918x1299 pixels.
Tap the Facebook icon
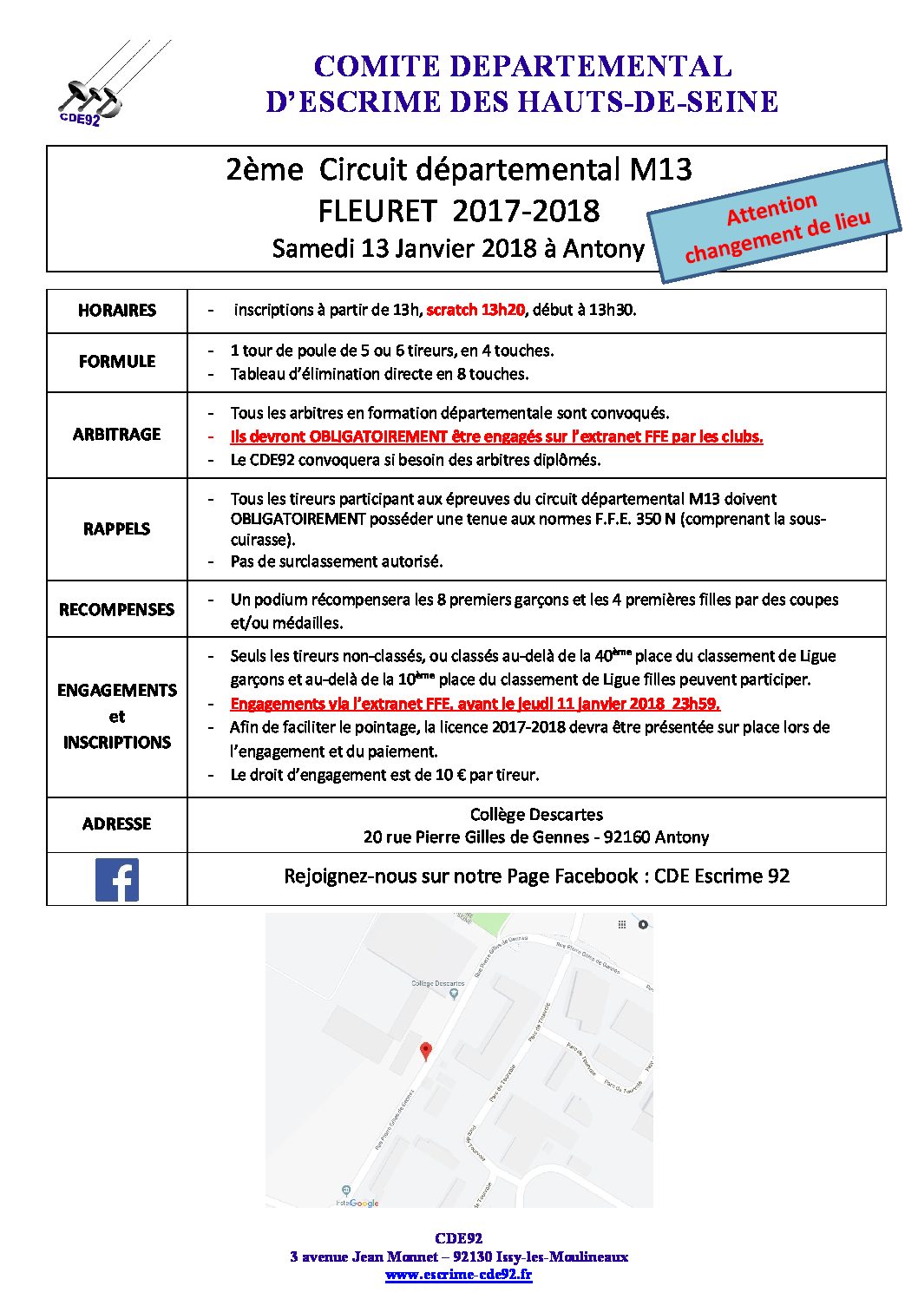click(x=116, y=879)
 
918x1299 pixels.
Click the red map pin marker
click(x=425, y=1051)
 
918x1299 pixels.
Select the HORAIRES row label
click(x=117, y=311)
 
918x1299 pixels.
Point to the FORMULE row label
click(x=117, y=362)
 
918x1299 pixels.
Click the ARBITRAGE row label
click(x=117, y=435)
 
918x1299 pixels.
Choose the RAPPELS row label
click(x=117, y=529)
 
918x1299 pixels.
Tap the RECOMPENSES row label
click(x=117, y=610)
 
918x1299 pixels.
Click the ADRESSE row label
click(x=117, y=824)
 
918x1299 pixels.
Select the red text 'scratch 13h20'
click(x=475, y=310)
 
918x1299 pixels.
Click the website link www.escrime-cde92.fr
click(x=458, y=1275)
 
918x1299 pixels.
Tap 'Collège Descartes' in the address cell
click(x=536, y=815)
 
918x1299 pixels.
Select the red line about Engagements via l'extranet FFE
click(x=475, y=704)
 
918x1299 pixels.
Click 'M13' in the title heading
click(x=660, y=169)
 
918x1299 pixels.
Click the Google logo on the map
click(x=365, y=1203)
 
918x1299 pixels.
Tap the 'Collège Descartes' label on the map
click(x=437, y=984)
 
